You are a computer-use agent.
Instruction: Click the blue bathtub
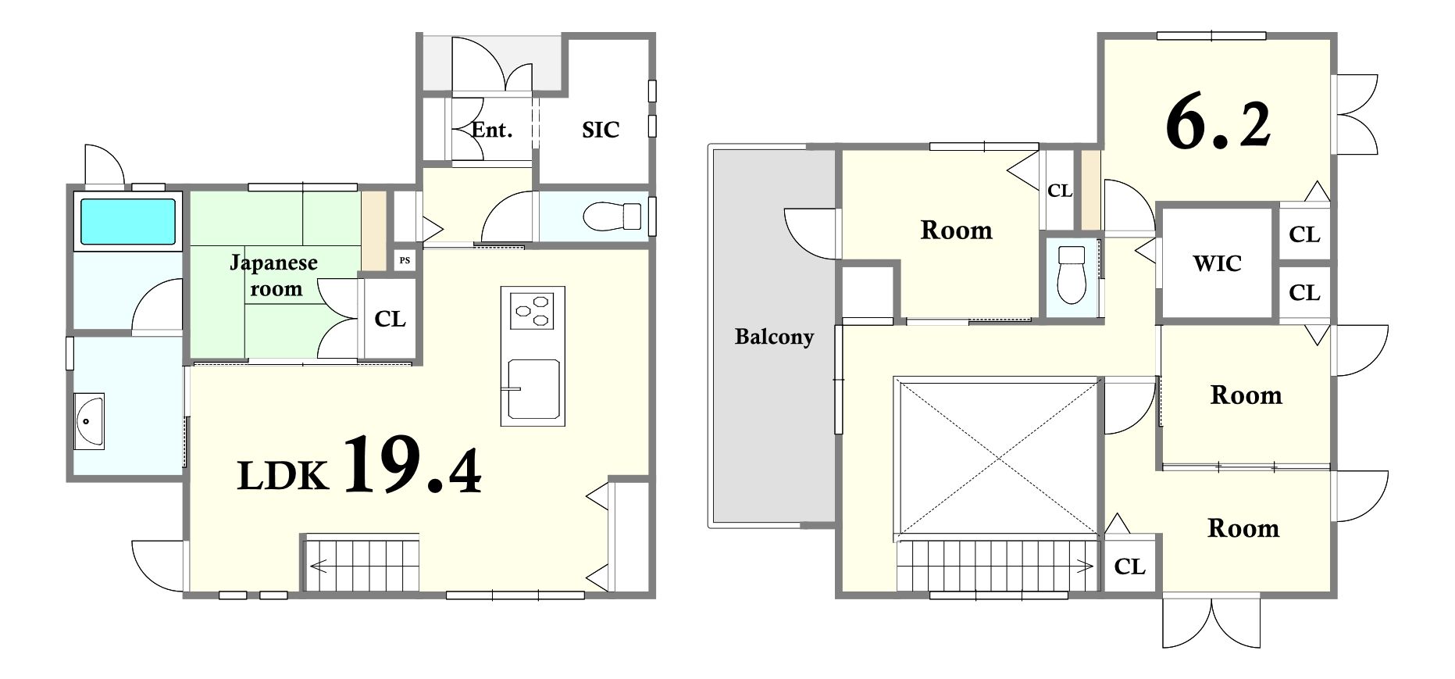(x=127, y=221)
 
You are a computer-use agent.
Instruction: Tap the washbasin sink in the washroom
(x=89, y=421)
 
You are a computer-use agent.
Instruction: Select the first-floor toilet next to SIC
(x=612, y=215)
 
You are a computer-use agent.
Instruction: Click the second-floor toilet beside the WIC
(x=1072, y=274)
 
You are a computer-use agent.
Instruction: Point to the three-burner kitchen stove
(x=532, y=310)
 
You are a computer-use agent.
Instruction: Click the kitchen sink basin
(x=533, y=390)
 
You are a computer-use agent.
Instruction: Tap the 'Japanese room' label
(x=274, y=275)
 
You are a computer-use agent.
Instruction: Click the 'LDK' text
(x=283, y=476)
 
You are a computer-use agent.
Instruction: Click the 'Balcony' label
(x=774, y=337)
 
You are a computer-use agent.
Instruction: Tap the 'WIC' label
(x=1217, y=263)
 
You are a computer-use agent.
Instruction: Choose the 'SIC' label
(x=600, y=130)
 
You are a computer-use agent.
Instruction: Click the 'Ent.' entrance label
(x=492, y=129)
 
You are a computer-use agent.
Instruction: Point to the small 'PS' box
(x=405, y=260)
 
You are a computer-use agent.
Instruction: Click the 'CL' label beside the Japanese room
(x=390, y=319)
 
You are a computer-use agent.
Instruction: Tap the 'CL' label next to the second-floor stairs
(x=1129, y=566)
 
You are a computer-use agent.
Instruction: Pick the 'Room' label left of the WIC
(x=956, y=230)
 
